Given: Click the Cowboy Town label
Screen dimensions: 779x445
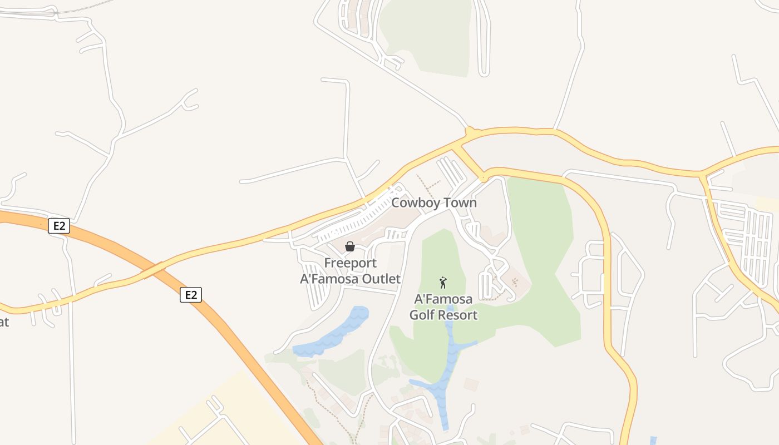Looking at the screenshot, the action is [434, 202].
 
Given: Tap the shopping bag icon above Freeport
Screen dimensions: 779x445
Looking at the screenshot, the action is [350, 246].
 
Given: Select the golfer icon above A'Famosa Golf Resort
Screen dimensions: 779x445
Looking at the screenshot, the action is [443, 283].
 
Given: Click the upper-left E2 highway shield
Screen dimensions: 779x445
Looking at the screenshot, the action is [59, 226].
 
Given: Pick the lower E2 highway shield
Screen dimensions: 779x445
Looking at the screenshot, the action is [191, 295].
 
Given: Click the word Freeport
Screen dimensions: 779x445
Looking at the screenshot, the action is [351, 263].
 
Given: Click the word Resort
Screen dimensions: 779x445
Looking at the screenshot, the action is [459, 315].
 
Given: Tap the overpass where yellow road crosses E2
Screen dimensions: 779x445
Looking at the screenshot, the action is [153, 269].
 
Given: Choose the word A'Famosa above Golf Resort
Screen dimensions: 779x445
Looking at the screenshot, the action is [443, 299].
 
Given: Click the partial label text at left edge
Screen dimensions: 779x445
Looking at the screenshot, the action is [4, 322].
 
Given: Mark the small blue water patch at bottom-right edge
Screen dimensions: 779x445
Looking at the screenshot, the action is [653, 441].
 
